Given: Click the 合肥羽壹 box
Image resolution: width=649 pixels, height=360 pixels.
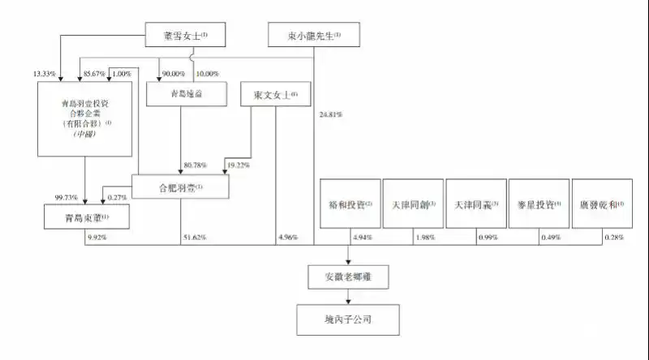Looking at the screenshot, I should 180,186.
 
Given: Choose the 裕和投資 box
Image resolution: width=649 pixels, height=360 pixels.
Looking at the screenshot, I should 350,203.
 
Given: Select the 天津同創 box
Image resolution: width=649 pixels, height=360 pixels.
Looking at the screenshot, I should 413,203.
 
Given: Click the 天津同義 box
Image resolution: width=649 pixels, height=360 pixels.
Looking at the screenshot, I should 475,203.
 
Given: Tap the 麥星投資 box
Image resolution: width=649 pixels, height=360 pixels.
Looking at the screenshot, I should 539,203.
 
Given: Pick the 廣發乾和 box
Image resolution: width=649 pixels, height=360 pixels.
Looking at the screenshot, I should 602,203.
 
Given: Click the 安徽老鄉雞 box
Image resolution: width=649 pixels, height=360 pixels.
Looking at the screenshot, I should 350,276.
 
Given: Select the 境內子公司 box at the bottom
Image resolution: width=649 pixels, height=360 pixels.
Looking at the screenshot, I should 350,319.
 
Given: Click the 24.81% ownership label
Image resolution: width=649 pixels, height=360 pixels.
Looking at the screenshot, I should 331,115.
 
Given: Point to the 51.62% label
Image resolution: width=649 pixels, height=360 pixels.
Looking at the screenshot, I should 193,237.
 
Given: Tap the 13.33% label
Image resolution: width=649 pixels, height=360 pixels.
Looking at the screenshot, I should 44,74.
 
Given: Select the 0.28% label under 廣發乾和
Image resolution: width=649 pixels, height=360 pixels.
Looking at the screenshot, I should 615,237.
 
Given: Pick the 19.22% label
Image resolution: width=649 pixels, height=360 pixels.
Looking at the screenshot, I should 239,165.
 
